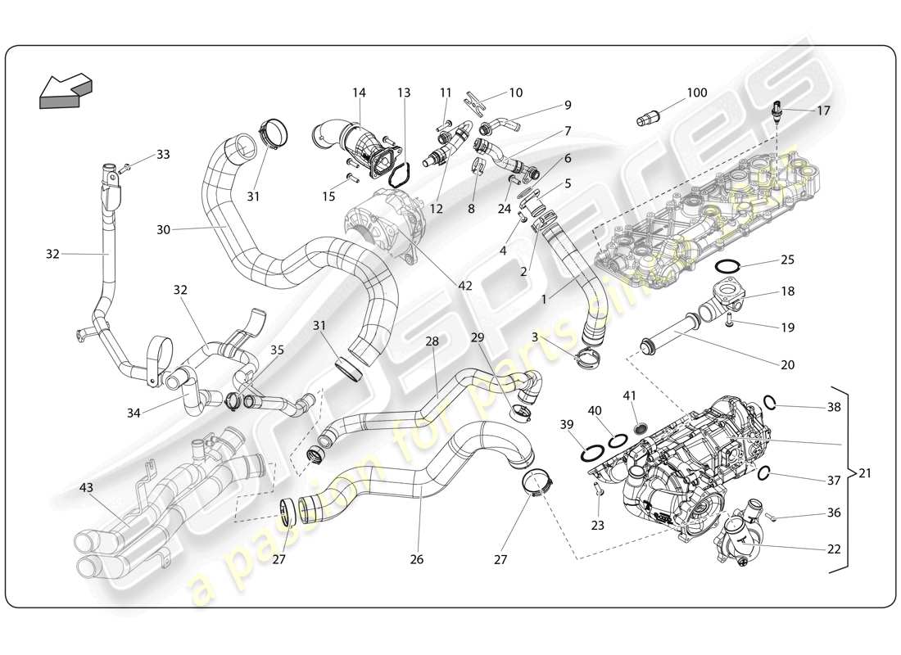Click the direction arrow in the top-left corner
[66, 91]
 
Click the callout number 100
[696, 93]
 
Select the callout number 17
[823, 109]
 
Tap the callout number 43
[86, 488]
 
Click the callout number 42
[465, 286]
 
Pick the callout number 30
[164, 230]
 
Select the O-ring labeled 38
[770, 401]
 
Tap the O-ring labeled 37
[764, 473]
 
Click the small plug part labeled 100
[648, 120]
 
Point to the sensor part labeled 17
[776, 111]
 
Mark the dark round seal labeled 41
[642, 427]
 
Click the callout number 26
[417, 560]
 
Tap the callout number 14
[359, 93]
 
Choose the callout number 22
[834, 549]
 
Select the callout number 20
[788, 365]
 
